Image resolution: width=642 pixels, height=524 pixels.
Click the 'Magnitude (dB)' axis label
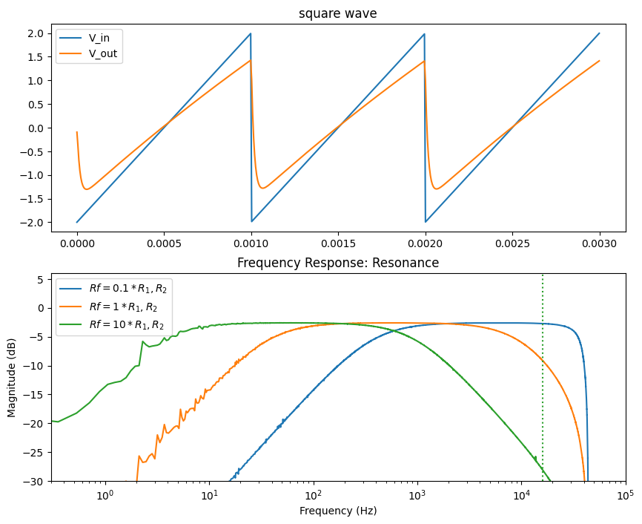tap(13, 377)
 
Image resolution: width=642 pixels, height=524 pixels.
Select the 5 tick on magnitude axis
tap(42, 279)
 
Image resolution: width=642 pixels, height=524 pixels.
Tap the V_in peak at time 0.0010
tap(251, 33)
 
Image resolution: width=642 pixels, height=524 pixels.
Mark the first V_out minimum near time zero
tap(87, 189)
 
